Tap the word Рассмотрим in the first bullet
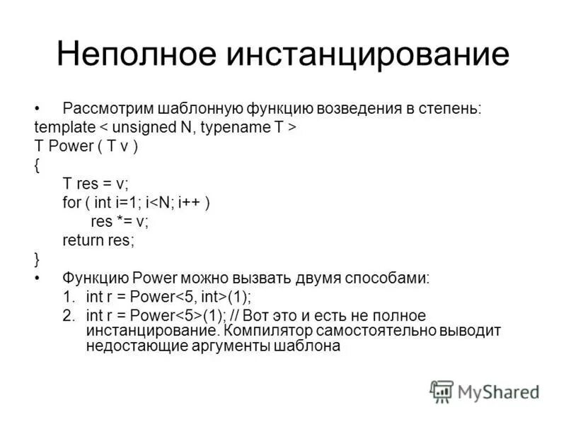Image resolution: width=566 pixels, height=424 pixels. point(104,110)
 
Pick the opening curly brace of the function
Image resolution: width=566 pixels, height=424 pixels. point(37,165)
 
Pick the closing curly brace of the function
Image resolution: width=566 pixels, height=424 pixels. point(37,258)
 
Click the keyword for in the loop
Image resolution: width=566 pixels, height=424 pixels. point(71,202)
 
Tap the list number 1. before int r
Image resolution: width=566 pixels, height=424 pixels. point(69,296)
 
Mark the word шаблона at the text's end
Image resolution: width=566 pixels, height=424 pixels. point(308,346)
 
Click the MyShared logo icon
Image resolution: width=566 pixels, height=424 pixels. point(441,391)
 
